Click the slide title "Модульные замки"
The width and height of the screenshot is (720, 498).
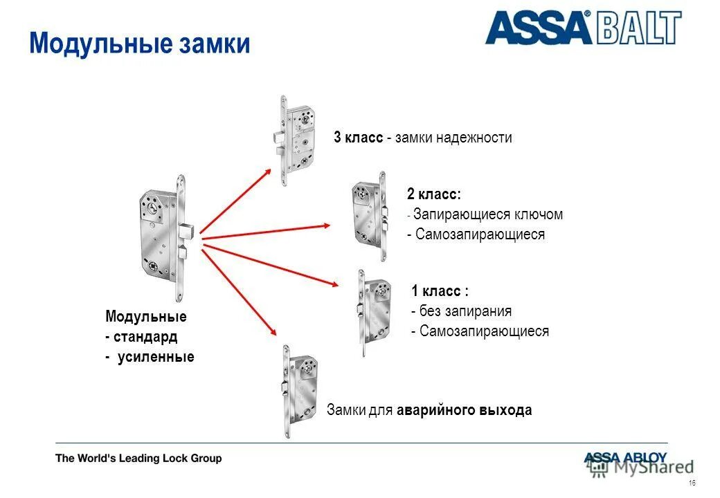point(139,44)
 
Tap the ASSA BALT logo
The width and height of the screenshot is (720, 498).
point(583,29)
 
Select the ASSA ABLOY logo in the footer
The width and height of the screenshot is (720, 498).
point(624,457)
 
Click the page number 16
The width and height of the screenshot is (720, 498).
point(692,482)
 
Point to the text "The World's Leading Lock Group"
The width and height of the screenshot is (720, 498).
point(138,458)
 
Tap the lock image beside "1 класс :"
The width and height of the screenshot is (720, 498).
point(375,311)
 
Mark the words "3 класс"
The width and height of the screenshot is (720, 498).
point(358,138)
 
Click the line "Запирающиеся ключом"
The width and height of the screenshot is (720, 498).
point(488,214)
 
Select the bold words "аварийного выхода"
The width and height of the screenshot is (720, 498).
point(465,410)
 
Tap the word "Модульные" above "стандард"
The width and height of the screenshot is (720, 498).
point(146,317)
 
